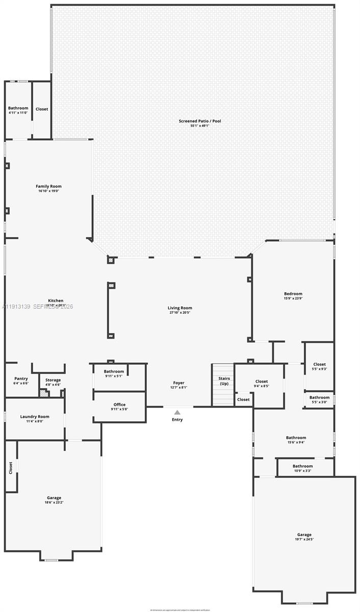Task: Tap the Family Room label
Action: pyautogui.click(x=48, y=186)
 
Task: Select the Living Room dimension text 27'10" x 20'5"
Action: pyautogui.click(x=180, y=313)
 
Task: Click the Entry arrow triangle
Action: pyautogui.click(x=177, y=412)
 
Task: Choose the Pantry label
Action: pyautogui.click(x=21, y=378)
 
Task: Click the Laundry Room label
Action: pyautogui.click(x=35, y=417)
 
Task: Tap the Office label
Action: pyautogui.click(x=119, y=404)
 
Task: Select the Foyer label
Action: pyautogui.click(x=178, y=382)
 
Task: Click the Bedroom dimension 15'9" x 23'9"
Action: pyautogui.click(x=293, y=298)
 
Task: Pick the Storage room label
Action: pyautogui.click(x=53, y=380)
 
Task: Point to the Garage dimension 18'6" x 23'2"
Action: pyautogui.click(x=54, y=502)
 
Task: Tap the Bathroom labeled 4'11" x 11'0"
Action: pyautogui.click(x=18, y=108)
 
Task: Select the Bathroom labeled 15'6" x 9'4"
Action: pyautogui.click(x=296, y=438)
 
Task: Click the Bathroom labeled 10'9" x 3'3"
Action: pyautogui.click(x=302, y=466)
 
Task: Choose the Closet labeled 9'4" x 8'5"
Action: pyautogui.click(x=262, y=381)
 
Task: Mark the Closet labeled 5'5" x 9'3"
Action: pyautogui.click(x=320, y=364)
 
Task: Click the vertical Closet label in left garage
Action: pyautogui.click(x=10, y=468)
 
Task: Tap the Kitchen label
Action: pyautogui.click(x=56, y=300)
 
